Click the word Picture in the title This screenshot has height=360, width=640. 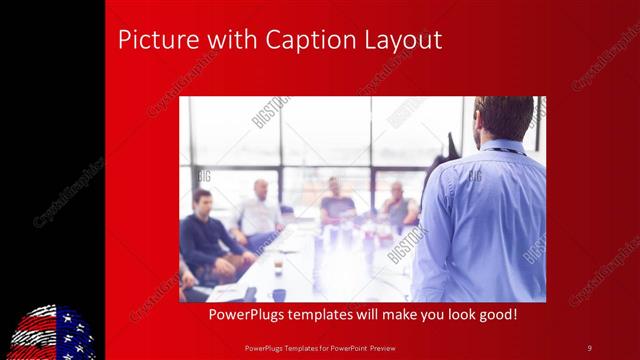pyautogui.click(x=152, y=40)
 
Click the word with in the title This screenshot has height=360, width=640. pyautogui.click(x=227, y=40)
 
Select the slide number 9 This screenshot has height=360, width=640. pyautogui.click(x=589, y=347)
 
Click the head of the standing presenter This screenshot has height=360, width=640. pyautogui.click(x=504, y=118)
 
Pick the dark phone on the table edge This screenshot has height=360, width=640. pyautogui.click(x=249, y=293)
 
